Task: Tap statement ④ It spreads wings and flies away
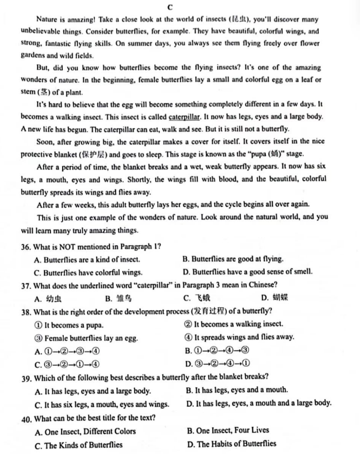(239, 337)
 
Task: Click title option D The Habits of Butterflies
(231, 444)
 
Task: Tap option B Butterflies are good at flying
(233, 259)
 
